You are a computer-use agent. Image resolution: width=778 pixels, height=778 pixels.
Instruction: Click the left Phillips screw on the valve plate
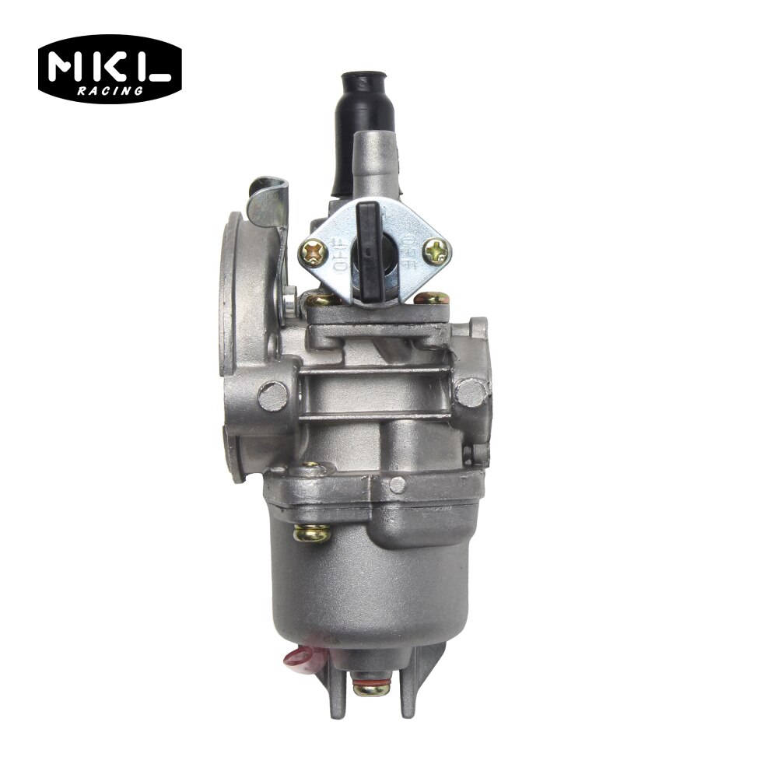click(317, 251)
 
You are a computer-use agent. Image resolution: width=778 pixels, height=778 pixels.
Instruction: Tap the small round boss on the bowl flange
click(398, 485)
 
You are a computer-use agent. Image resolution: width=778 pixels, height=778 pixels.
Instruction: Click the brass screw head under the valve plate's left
click(317, 299)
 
